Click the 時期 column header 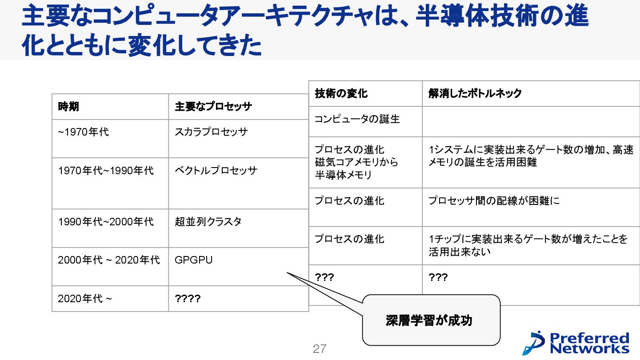coord(68,107)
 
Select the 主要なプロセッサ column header coord(213,107)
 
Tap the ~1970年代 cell coord(83,132)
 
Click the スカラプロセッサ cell coord(211,132)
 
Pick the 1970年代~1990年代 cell coord(106,171)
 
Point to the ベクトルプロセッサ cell coord(216,171)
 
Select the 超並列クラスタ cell coord(208,222)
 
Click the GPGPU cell coord(193,260)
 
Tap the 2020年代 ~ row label coord(85,299)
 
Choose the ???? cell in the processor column coord(188,299)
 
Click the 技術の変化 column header coord(341,93)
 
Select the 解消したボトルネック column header coord(475,93)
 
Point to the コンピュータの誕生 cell coord(357,119)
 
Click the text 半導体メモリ coord(343,175)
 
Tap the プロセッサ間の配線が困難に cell coord(494,201)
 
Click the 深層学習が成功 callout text coord(429,320)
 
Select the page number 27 coord(320,349)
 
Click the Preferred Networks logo coord(576,343)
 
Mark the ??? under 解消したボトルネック coord(438,278)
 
